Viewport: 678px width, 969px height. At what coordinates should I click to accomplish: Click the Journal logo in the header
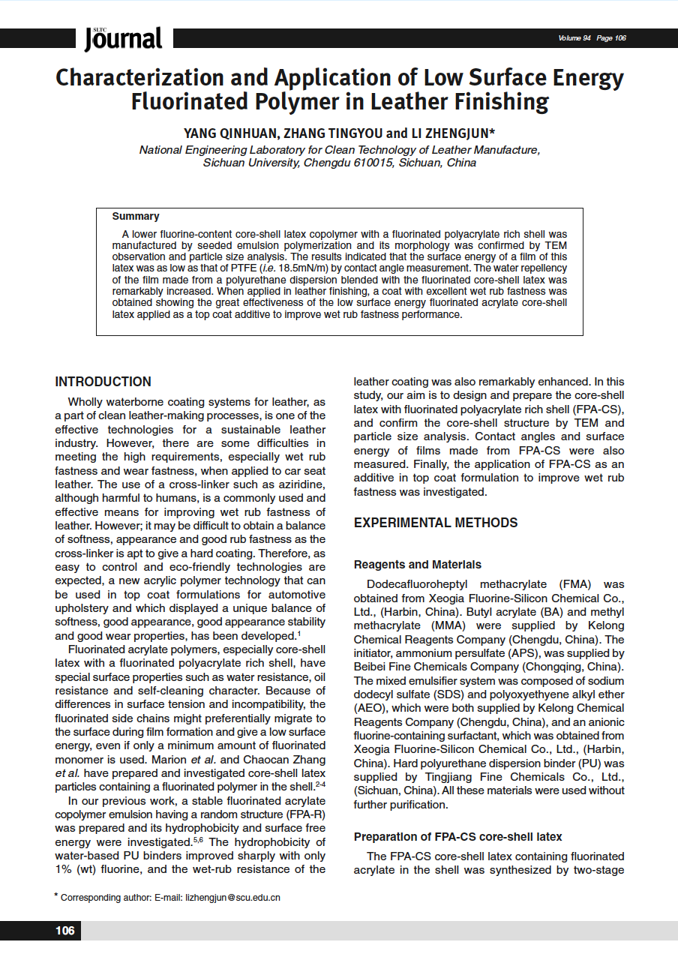(123, 38)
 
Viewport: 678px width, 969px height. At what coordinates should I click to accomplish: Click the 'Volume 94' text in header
(574, 38)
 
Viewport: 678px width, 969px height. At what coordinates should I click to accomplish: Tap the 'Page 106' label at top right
(612, 38)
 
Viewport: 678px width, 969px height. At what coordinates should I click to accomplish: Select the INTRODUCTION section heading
(103, 382)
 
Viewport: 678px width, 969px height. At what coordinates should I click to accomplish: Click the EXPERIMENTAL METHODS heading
(435, 523)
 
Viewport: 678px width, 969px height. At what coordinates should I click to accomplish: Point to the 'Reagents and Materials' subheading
(417, 565)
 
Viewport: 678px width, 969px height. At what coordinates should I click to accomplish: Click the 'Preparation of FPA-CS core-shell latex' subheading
(457, 837)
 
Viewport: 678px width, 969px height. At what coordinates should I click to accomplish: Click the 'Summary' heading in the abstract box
(136, 217)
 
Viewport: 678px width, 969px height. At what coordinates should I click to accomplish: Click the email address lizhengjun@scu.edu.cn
(232, 897)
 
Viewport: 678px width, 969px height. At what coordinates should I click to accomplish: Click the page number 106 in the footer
(64, 931)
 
